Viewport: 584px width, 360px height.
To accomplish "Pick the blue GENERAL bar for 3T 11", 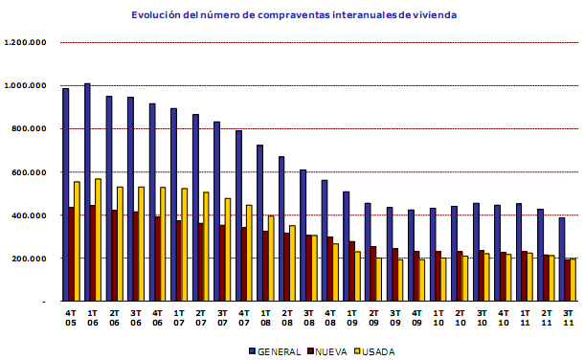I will [x=562, y=259].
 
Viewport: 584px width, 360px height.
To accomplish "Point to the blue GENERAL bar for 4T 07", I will [x=238, y=215].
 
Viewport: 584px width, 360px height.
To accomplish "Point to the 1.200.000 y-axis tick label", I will [x=27, y=43].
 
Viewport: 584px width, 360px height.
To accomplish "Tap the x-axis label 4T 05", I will [x=70, y=317].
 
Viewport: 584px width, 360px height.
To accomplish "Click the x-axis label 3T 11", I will [x=567, y=317].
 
